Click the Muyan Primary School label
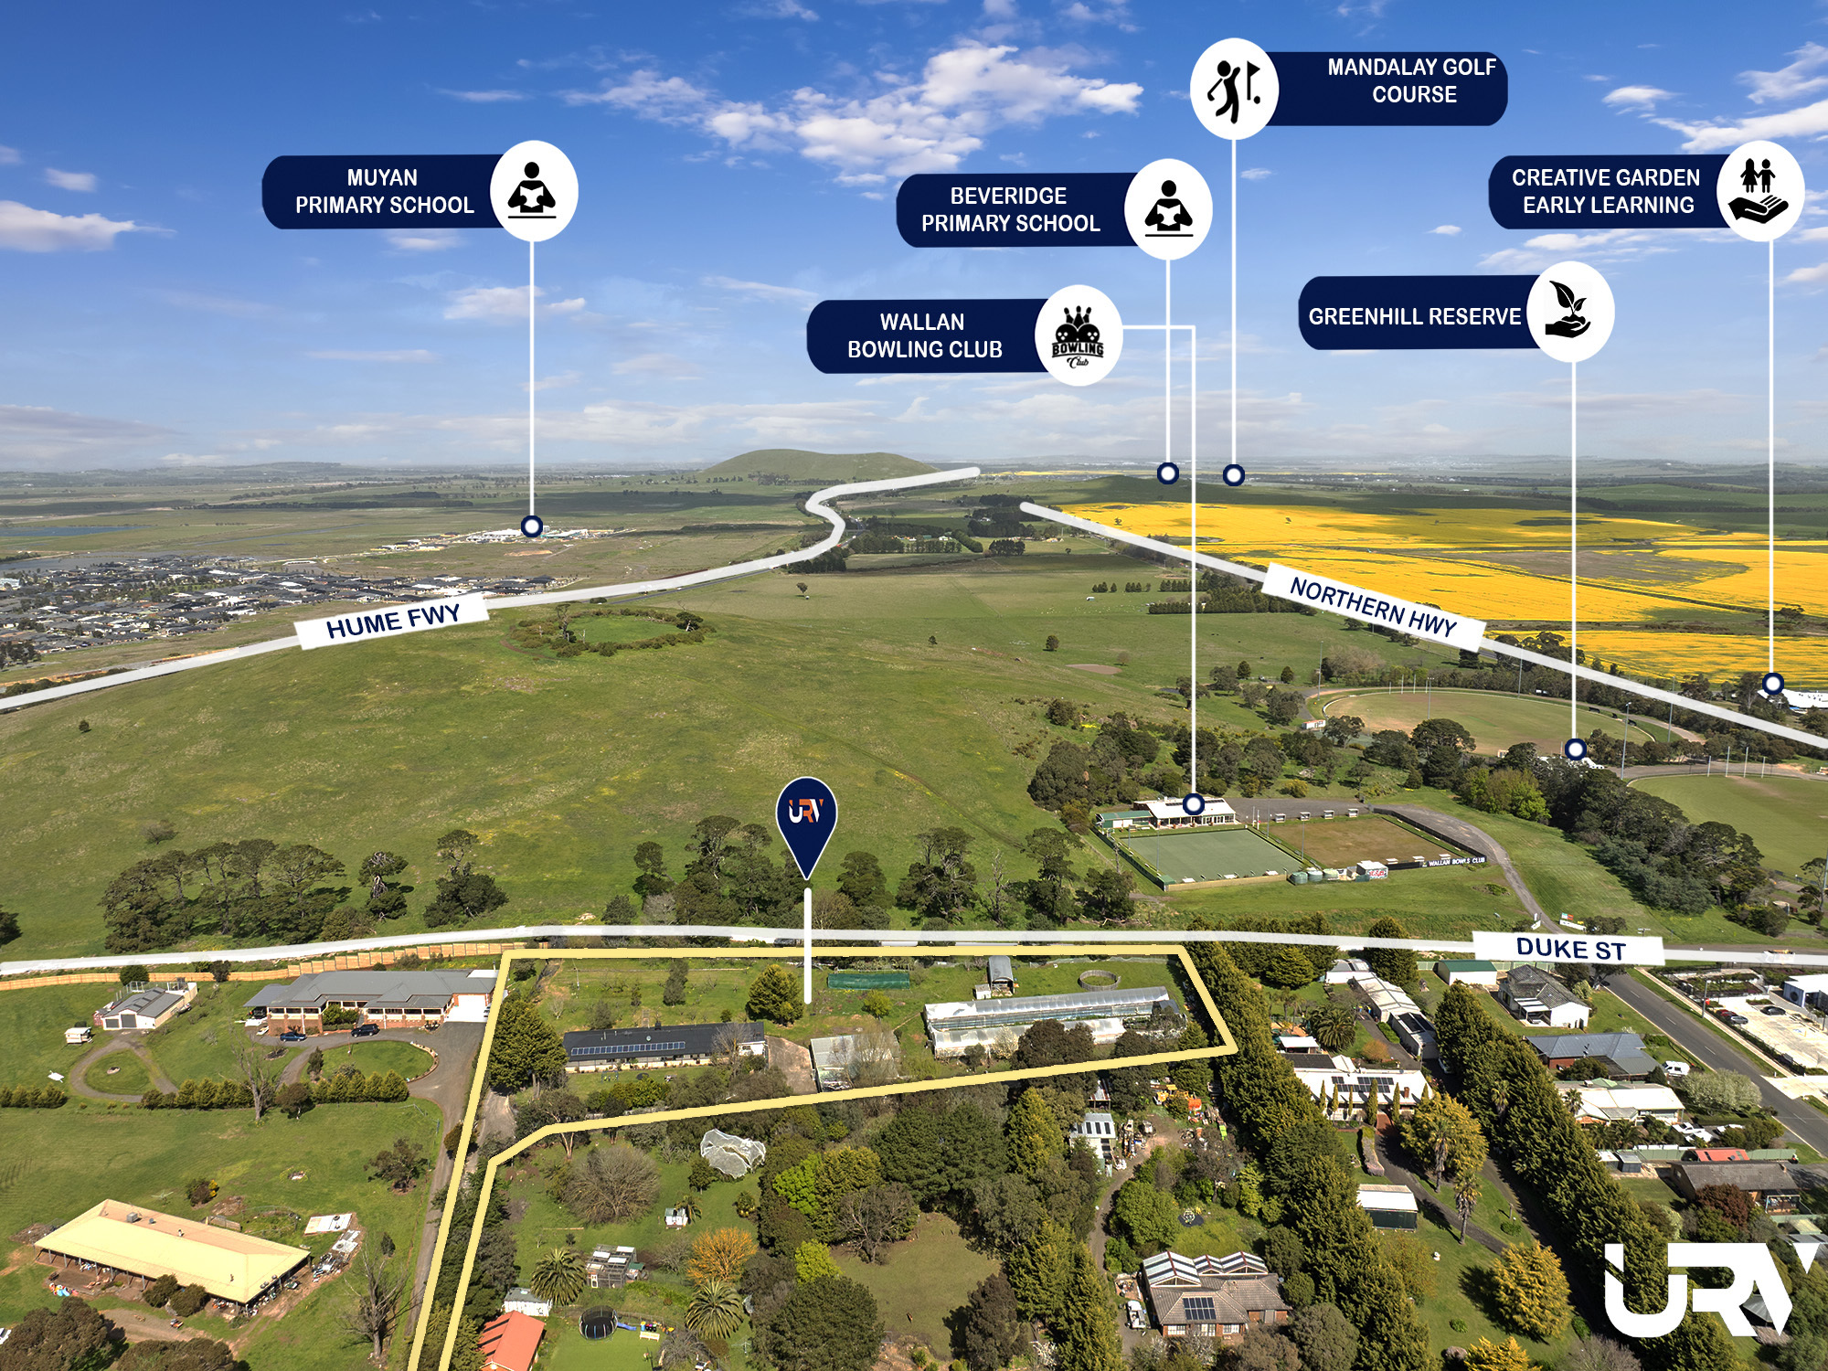click(x=384, y=191)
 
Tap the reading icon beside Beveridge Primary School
click(x=1168, y=209)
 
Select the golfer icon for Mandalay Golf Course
click(x=1234, y=89)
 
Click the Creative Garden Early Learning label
click(x=1606, y=191)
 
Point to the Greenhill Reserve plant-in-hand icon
click(x=1569, y=312)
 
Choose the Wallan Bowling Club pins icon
click(x=1079, y=335)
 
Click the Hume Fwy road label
click(x=393, y=621)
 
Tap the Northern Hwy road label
click(x=1373, y=605)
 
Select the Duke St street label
click(x=1570, y=949)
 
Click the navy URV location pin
click(x=806, y=826)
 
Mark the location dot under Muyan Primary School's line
click(x=532, y=526)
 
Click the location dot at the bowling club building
click(x=1194, y=804)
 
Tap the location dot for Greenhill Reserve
click(x=1575, y=749)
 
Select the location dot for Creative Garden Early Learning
click(x=1773, y=683)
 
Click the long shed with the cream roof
click(x=172, y=1249)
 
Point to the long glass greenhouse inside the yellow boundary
click(x=1051, y=1019)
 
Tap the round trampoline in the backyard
click(x=599, y=1322)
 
